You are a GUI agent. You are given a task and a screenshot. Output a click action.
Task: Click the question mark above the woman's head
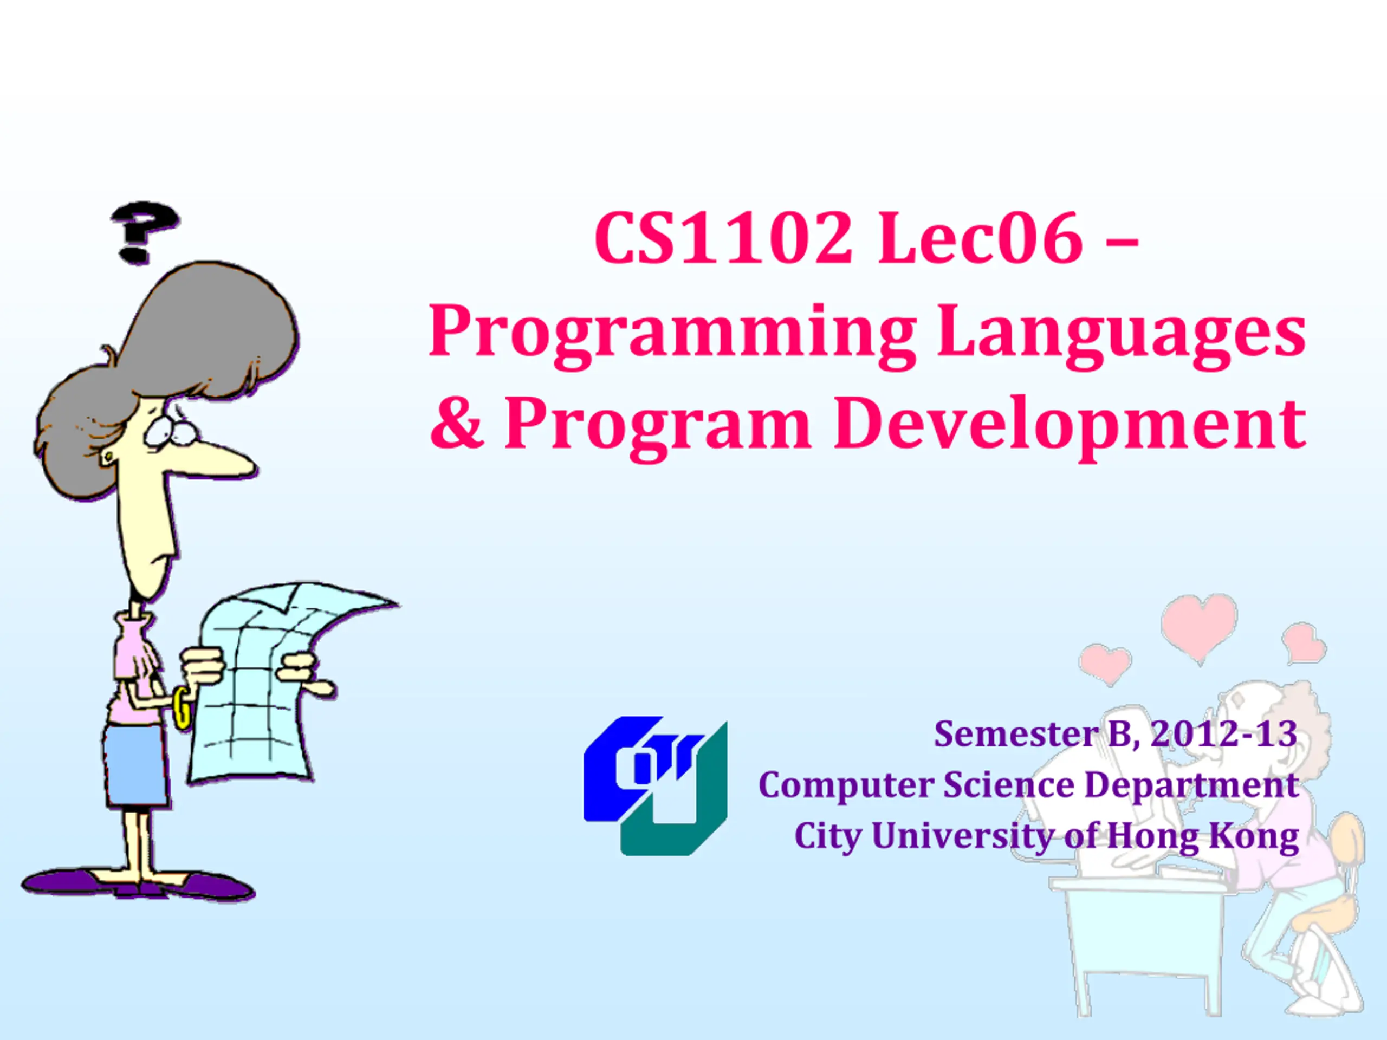point(144,232)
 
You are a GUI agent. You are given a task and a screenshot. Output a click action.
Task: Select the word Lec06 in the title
point(981,238)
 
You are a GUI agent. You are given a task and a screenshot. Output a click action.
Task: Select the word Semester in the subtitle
point(1016,733)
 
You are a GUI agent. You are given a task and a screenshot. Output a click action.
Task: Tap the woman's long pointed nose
point(219,463)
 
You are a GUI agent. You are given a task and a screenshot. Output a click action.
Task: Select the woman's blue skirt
point(135,766)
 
